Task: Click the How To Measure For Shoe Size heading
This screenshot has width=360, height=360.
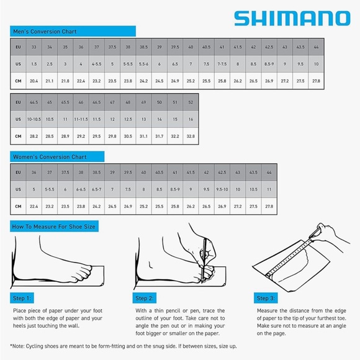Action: coord(54,227)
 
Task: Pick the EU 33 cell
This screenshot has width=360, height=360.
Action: coord(34,47)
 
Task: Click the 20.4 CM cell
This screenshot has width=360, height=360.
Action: coord(34,81)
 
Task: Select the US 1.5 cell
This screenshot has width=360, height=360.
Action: coord(34,64)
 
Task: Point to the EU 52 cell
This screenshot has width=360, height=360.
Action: coord(191,102)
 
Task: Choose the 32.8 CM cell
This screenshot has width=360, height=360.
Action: coord(191,135)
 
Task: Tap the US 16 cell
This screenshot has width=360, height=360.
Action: coord(191,119)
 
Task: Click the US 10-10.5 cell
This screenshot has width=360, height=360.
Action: coord(34,119)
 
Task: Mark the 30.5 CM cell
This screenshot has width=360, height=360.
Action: coord(128,135)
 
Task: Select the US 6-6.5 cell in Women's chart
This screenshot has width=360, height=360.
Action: coord(81,189)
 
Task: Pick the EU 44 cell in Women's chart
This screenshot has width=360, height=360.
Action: coord(269,172)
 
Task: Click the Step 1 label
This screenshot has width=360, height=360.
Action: coord(23,298)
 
